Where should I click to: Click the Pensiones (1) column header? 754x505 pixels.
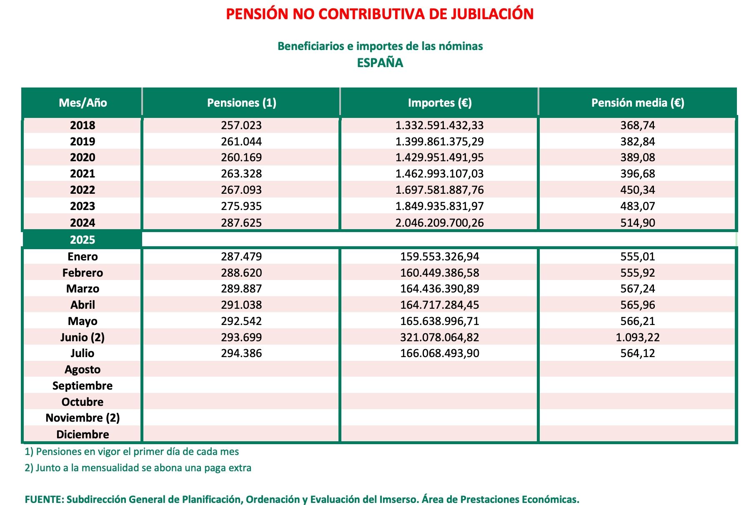tap(241, 103)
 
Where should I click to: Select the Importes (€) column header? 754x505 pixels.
tap(439, 103)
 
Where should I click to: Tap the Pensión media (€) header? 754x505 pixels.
tap(637, 103)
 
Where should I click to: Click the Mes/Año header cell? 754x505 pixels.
tap(83, 103)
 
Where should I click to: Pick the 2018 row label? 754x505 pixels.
tap(83, 125)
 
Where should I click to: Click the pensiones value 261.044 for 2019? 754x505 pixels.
tap(241, 142)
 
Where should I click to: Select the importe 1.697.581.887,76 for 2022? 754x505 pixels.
tap(439, 190)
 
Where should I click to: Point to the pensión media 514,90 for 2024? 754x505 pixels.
tap(637, 222)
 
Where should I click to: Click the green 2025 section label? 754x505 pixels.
tap(83, 240)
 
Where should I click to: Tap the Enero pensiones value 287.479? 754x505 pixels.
tap(241, 257)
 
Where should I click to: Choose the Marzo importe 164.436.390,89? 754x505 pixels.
tap(439, 289)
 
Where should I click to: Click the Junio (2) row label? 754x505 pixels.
tap(83, 337)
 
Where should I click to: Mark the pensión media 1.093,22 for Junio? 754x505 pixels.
tap(637, 337)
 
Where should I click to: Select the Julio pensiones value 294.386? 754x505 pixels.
tap(241, 353)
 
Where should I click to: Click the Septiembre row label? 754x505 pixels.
tap(83, 386)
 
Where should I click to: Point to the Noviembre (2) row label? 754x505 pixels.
tap(83, 418)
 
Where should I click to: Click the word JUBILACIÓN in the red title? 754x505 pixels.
tap(492, 14)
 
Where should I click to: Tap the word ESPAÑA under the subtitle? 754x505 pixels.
tap(380, 63)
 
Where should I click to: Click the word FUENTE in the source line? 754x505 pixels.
tap(44, 499)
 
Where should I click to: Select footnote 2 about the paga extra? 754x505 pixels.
tap(138, 468)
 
